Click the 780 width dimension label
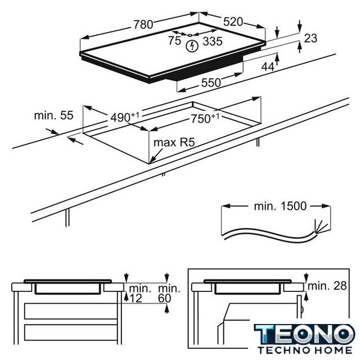point(143,24)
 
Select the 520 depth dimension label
point(233,22)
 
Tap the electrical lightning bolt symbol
point(192,46)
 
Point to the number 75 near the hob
point(174,41)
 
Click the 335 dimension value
point(213,42)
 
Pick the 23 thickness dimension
point(310,38)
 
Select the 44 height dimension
point(268,67)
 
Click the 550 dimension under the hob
point(211,83)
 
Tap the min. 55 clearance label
point(53,115)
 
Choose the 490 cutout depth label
point(125,117)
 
